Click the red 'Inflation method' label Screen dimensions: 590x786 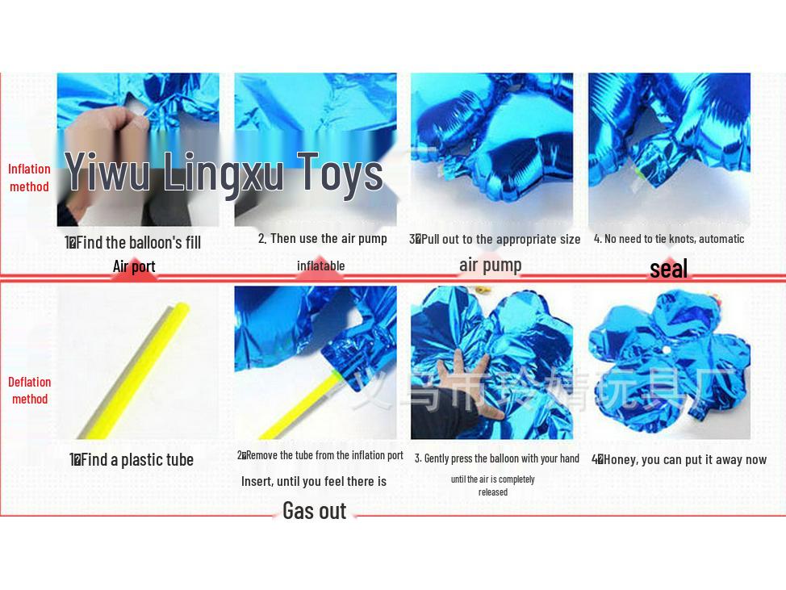coord(29,178)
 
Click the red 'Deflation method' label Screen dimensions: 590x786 coord(29,390)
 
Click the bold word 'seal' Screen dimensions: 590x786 coord(668,269)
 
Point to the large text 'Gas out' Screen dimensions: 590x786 coord(314,510)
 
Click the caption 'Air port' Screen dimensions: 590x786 coord(134,266)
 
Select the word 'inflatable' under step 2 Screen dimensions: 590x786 coord(320,266)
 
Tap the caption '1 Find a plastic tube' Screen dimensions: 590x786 coord(132,460)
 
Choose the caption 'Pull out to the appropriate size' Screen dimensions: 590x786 coord(495,239)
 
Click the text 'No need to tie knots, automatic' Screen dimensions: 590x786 coord(669,238)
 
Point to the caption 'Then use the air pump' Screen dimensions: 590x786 coord(323,238)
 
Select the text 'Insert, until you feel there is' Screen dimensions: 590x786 coord(313,481)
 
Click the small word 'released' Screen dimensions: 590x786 coord(492,492)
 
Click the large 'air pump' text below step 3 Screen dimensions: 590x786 coord(490,265)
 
